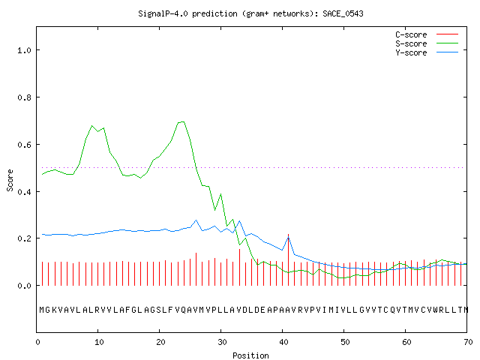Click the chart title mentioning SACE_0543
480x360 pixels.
(250, 13)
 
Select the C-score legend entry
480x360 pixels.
(427, 34)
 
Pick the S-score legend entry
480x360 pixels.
(427, 43)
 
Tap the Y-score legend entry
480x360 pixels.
(427, 52)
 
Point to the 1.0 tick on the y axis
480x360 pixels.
(24, 50)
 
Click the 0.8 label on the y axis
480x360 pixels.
(24, 97)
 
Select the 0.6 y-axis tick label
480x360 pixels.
(24, 145)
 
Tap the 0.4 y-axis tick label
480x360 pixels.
(24, 192)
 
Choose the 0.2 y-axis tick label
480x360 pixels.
(24, 238)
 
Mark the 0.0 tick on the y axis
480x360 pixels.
(24, 286)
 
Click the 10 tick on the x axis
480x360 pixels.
(99, 342)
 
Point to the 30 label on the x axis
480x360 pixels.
(222, 342)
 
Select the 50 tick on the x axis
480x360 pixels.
(345, 342)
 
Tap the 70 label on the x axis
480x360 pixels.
(468, 342)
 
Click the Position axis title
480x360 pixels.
(250, 355)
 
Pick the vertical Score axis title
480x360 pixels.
(10, 180)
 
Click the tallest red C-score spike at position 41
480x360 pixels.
(288, 260)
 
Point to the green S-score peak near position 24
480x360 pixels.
(183, 121)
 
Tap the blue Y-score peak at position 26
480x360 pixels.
(196, 220)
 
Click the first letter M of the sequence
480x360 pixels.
(42, 310)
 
